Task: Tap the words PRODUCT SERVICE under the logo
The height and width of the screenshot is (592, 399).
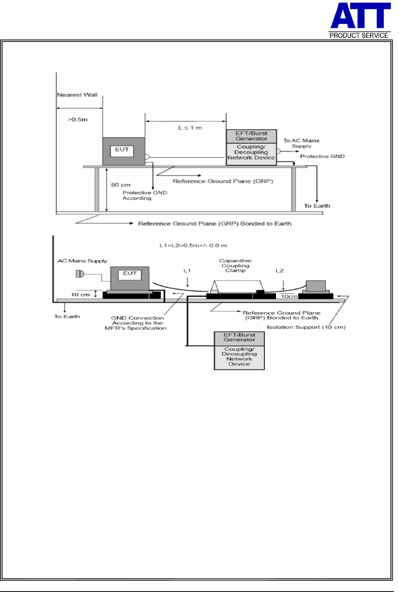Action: click(359, 35)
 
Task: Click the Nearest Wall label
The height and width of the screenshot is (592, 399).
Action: click(77, 95)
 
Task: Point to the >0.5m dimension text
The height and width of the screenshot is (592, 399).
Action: click(78, 119)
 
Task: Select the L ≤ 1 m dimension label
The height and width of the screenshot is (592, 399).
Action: click(190, 128)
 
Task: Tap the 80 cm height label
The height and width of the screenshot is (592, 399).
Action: click(121, 185)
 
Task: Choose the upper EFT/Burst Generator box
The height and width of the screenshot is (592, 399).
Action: click(252, 136)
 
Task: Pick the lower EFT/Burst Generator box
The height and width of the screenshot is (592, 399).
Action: click(239, 338)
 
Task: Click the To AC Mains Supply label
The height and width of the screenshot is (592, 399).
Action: click(301, 143)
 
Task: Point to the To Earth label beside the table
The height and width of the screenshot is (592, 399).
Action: click(317, 206)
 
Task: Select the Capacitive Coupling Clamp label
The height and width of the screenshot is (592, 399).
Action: click(235, 265)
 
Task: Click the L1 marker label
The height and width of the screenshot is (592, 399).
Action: click(187, 271)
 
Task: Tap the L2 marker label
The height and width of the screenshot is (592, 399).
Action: click(280, 271)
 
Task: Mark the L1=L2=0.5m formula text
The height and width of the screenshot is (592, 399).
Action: click(193, 245)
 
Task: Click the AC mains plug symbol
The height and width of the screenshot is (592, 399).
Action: click(80, 274)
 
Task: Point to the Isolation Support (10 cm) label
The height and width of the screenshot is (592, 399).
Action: click(306, 327)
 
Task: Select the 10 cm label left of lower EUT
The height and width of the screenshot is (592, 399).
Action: click(80, 295)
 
